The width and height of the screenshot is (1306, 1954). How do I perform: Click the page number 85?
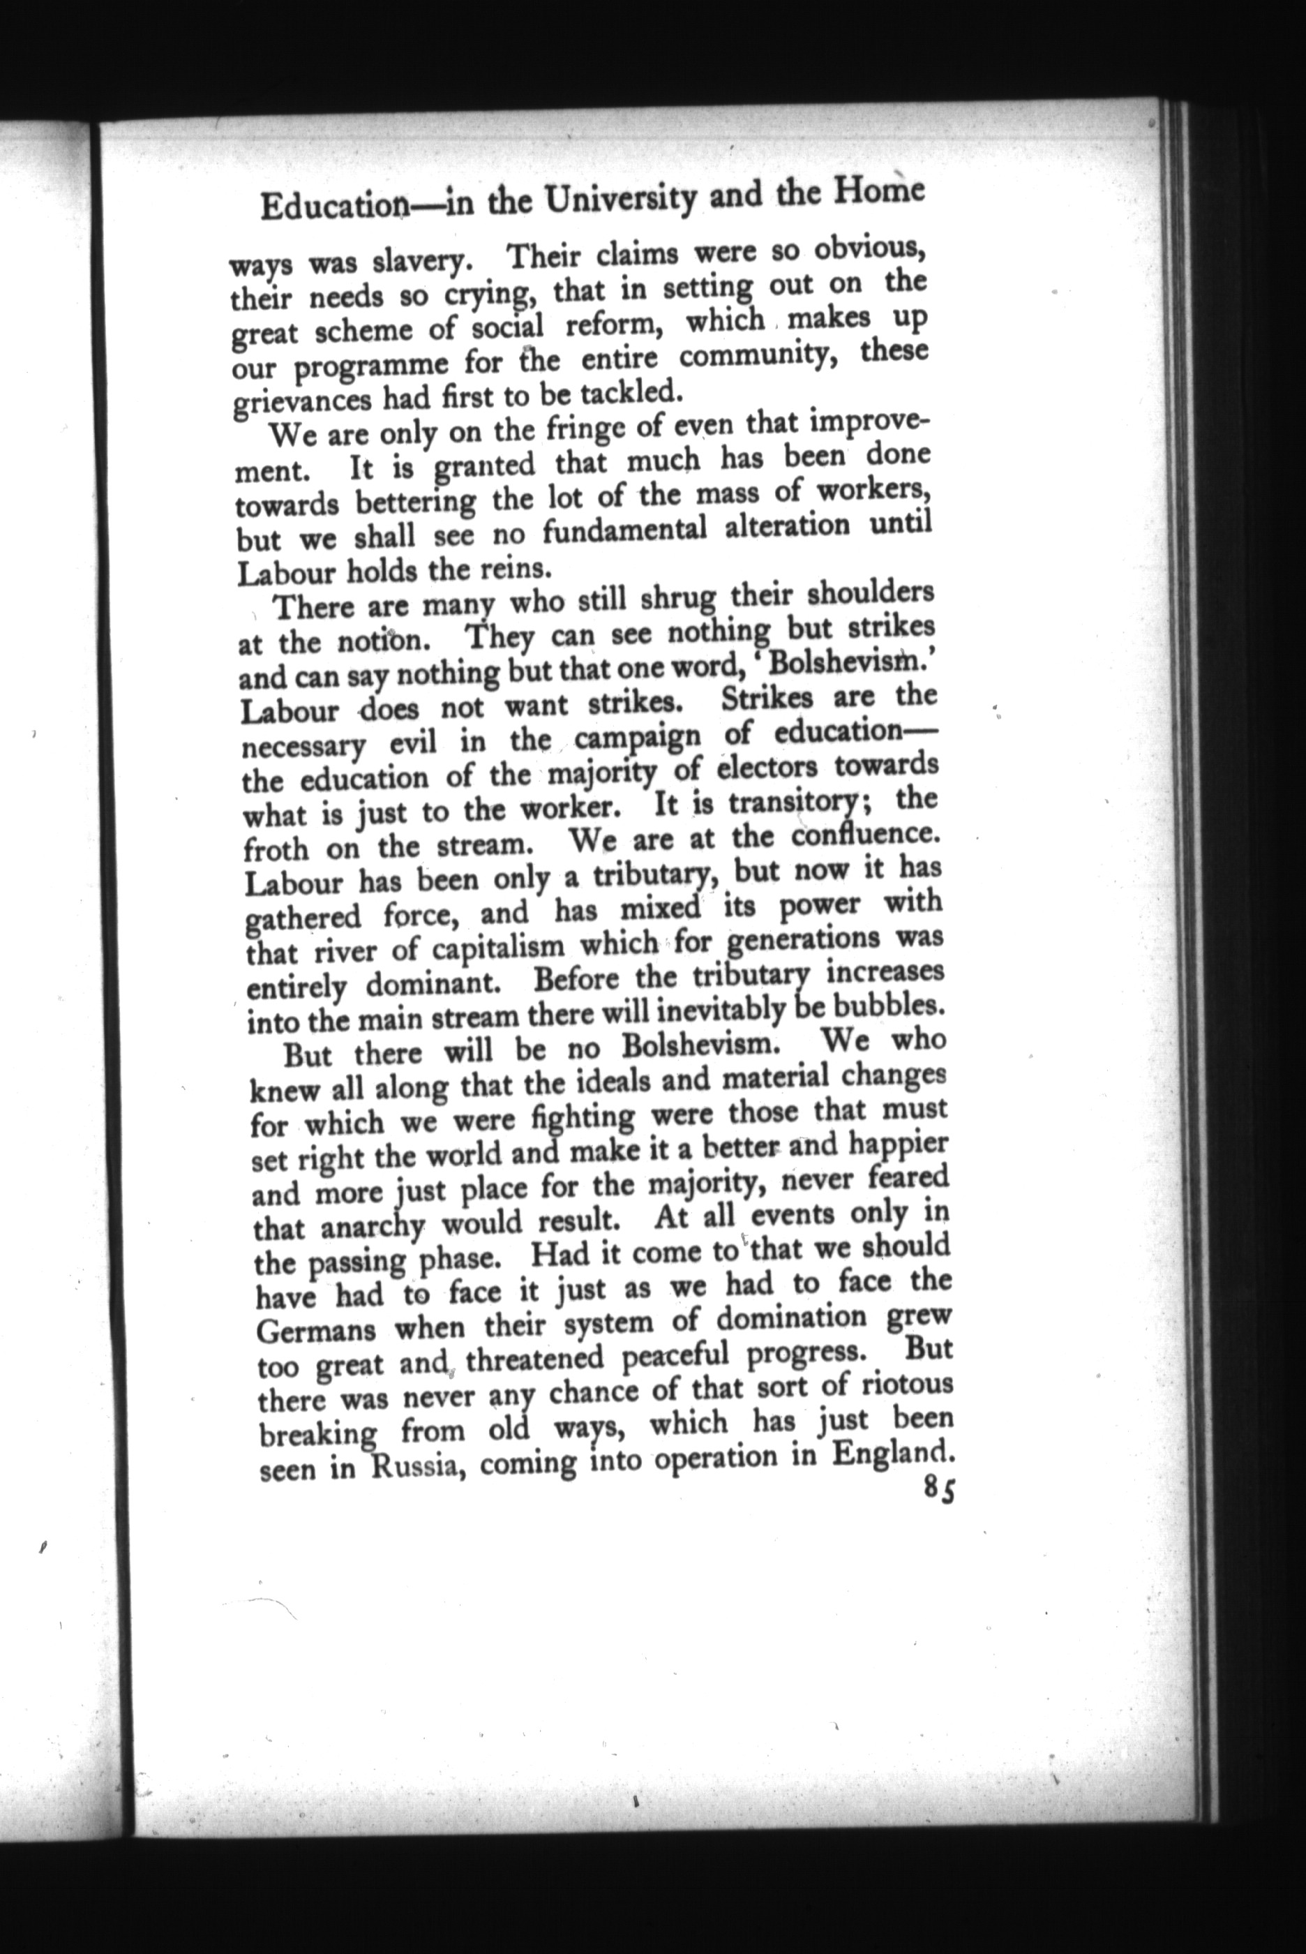point(939,1489)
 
